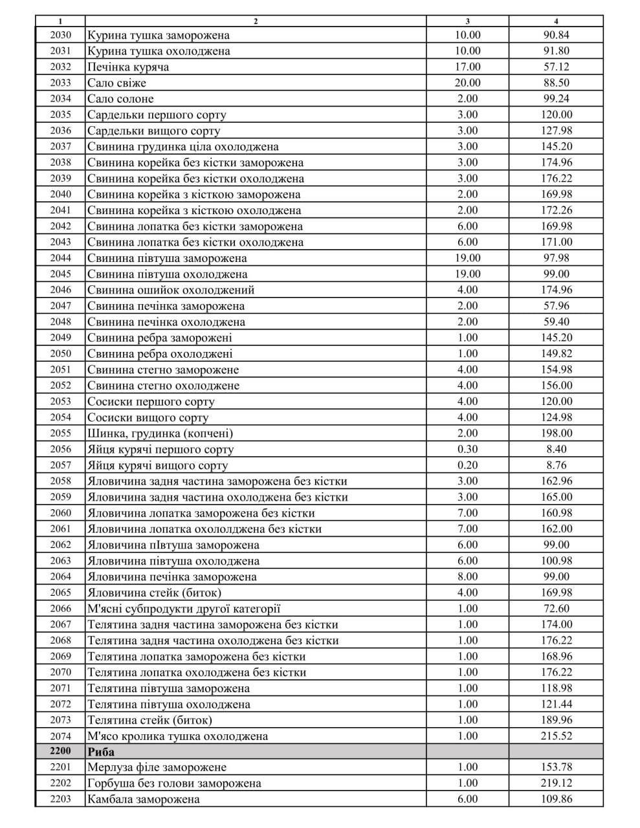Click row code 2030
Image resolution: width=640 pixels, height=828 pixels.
[60, 35]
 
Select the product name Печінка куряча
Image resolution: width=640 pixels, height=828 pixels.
[128, 67]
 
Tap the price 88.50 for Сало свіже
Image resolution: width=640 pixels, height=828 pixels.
[557, 83]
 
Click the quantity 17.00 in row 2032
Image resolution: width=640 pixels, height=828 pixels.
[468, 67]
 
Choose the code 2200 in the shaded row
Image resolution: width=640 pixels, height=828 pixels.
[60, 752]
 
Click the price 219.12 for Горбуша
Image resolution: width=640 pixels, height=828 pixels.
[557, 783]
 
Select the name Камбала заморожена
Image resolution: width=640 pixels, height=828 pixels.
[143, 800]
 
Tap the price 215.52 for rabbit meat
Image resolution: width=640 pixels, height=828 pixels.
[557, 736]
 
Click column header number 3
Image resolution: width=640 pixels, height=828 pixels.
[468, 21]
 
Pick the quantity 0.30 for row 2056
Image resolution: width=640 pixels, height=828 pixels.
[468, 450]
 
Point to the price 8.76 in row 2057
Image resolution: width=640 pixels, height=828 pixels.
[557, 465]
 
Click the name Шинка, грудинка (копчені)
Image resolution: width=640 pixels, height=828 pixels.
[160, 433]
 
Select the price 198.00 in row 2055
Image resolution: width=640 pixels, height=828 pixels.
[557, 433]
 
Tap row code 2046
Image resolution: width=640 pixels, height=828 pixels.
[60, 290]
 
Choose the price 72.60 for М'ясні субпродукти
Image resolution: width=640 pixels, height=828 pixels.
[557, 609]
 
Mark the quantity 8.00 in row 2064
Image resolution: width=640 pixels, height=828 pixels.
[468, 577]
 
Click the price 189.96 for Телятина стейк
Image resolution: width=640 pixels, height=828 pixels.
[557, 720]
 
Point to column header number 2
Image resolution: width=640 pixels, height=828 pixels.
[256, 21]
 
